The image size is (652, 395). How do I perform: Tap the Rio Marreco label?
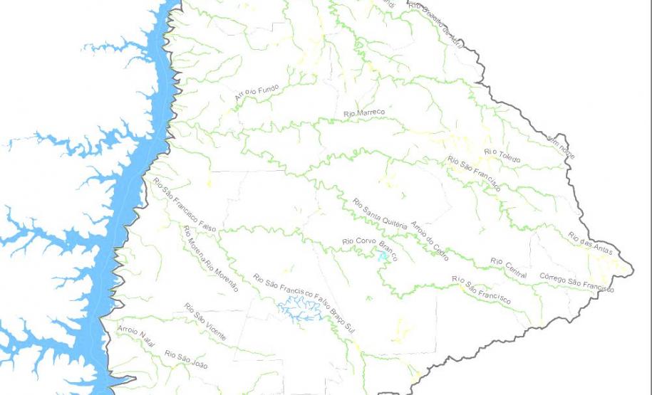point(363,113)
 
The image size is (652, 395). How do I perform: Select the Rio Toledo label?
point(502,155)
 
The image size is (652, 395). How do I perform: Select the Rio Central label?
point(508,269)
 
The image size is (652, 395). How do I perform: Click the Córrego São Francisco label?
point(576,282)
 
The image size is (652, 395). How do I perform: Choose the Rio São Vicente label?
point(205,322)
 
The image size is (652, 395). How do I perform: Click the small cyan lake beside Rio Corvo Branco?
point(384,256)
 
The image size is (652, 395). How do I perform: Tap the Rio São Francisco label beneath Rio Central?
point(481,290)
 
